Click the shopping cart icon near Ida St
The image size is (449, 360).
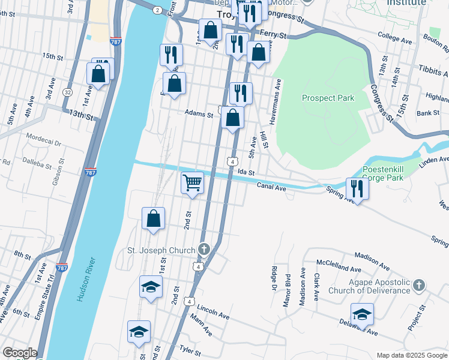click(x=192, y=182)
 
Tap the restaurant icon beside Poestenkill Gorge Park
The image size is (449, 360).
click(x=357, y=188)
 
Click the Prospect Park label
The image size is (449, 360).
click(x=328, y=98)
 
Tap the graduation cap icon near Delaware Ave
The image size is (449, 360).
click(x=362, y=314)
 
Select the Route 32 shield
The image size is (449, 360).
click(x=68, y=92)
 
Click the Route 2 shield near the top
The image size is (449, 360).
click(x=157, y=10)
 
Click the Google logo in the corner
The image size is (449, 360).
click(x=19, y=353)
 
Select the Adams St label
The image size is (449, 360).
click(x=199, y=113)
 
